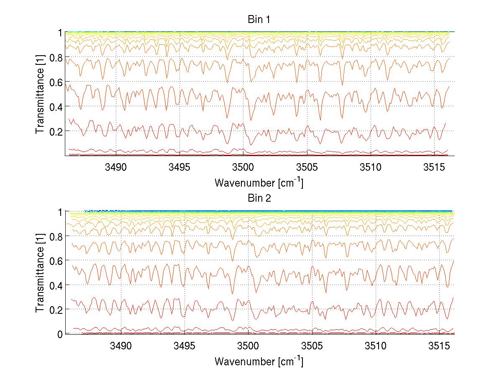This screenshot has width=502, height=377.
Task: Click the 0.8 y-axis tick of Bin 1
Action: click(54, 57)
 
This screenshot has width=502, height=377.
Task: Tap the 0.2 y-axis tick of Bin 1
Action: click(54, 131)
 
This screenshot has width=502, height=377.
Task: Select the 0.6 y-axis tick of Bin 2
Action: click(54, 261)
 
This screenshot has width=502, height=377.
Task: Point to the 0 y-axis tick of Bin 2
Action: click(60, 334)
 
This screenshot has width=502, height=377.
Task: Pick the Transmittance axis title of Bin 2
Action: click(40, 273)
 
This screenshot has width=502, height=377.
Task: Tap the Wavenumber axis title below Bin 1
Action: click(259, 183)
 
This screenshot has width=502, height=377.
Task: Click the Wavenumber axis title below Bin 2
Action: click(259, 361)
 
